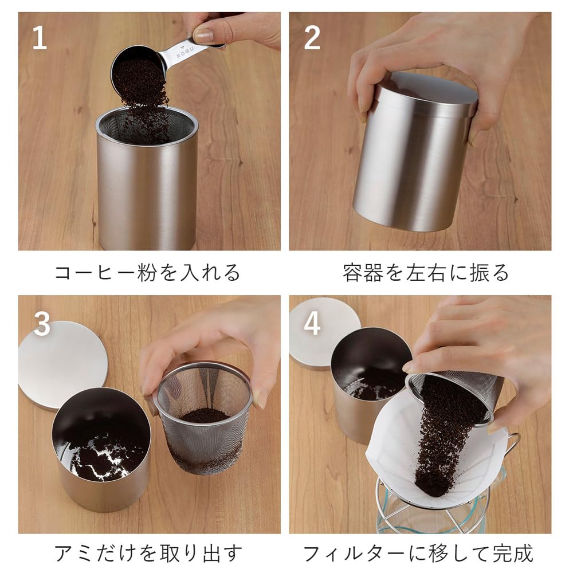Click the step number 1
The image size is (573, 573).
pos(38,38)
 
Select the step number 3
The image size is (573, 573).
pos(42,324)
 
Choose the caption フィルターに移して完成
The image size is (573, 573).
pos(418,554)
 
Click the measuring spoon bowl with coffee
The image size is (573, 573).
pos(136,66)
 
